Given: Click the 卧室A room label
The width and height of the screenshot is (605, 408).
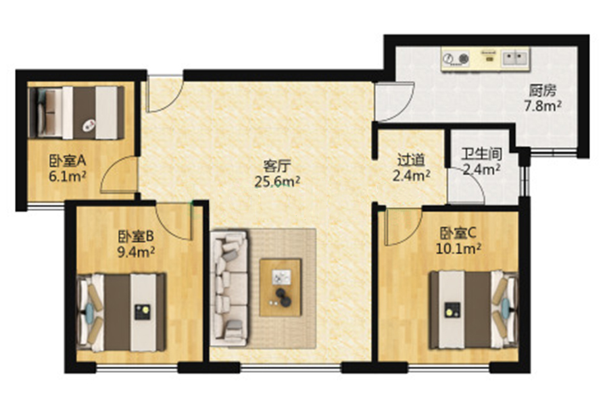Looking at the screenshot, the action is [x=67, y=160].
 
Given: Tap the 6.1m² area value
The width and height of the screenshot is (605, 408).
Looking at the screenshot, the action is [x=67, y=176].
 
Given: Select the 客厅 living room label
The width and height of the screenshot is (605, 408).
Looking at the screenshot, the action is [x=276, y=166].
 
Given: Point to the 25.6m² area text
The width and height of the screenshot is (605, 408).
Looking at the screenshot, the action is [x=276, y=182].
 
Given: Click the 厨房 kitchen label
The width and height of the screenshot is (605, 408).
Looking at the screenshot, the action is [x=543, y=91].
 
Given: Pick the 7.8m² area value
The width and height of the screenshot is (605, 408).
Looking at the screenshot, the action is [x=543, y=105].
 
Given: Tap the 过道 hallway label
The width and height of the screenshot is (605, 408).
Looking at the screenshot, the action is [x=411, y=159].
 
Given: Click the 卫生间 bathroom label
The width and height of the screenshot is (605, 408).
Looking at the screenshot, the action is [x=482, y=154].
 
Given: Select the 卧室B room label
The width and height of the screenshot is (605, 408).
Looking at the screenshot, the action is [x=136, y=236].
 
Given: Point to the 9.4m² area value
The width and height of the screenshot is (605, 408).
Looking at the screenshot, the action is [x=136, y=252].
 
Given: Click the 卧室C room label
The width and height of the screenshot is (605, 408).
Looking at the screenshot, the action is [x=458, y=232].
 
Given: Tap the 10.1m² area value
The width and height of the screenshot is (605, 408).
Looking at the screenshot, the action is [x=458, y=249].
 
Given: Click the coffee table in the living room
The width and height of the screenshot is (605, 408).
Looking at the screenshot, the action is [x=281, y=288].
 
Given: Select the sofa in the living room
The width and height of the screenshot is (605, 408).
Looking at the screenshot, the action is [x=229, y=288].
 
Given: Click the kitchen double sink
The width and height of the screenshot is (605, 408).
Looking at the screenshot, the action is [x=515, y=58].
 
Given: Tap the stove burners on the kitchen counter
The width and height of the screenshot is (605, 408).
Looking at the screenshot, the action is [x=456, y=59].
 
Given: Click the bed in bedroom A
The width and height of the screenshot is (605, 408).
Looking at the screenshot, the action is [x=77, y=113].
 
